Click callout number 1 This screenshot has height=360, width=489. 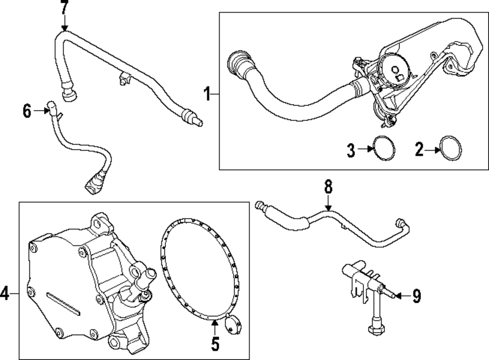tap(207, 93)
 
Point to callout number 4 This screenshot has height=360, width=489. tap(4, 294)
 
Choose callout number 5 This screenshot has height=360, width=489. tap(215, 344)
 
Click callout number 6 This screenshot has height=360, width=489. tap(27, 111)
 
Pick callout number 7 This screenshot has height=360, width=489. tap(65, 8)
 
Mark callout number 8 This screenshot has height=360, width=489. tap(328, 186)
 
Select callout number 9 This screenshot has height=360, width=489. tap(416, 296)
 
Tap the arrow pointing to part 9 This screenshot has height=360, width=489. tap(400, 296)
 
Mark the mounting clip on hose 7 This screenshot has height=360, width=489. tap(123, 77)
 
